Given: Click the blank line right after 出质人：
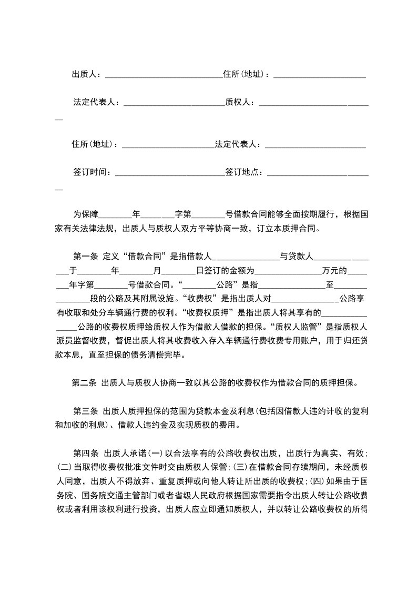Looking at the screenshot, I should click(x=164, y=74).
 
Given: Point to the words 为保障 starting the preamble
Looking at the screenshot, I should click(x=86, y=215).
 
